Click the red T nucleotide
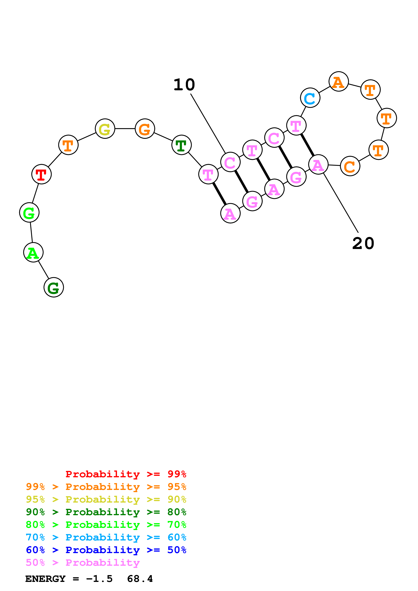[41, 174]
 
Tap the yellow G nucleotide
[105, 129]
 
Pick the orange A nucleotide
[339, 82]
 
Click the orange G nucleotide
[145, 129]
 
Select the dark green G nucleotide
[54, 287]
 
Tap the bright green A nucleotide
[33, 252]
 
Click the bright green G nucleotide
[29, 213]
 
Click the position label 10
[184, 85]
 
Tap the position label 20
[363, 243]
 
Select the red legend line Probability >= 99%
[126, 474]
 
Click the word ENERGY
[45, 579]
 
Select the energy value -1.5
[99, 579]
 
